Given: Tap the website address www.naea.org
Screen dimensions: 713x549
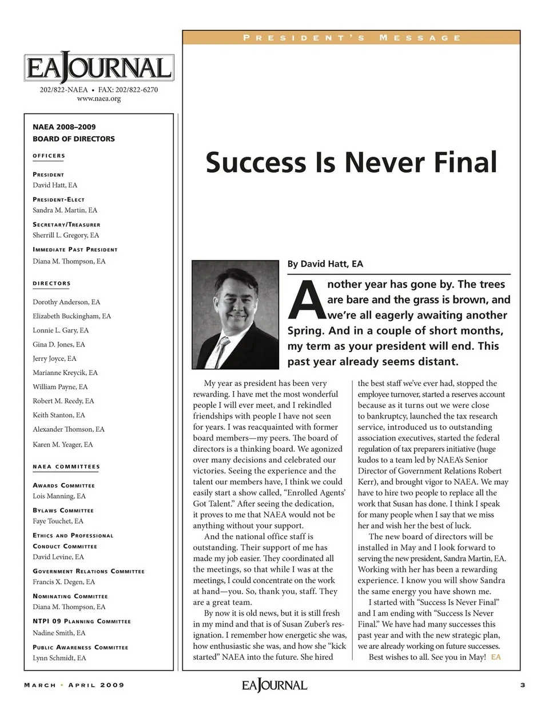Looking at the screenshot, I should (98, 98).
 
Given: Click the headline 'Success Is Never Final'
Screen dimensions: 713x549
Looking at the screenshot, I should (351, 162).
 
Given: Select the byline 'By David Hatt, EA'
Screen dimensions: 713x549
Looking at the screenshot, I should (325, 264).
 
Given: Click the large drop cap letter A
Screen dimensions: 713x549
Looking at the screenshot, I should (305, 300).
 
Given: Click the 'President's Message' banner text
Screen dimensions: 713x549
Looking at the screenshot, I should (351, 38).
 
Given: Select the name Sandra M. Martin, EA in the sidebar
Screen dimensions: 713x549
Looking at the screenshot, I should (65, 210).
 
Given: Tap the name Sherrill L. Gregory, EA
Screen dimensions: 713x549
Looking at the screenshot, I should (66, 235).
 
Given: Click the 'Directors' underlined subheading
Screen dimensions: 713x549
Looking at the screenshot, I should (51, 284).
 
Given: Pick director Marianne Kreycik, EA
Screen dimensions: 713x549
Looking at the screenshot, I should (65, 372).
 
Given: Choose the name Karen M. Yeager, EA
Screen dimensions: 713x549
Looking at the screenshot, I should (62, 444).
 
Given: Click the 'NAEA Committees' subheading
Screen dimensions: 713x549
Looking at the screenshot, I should (66, 467).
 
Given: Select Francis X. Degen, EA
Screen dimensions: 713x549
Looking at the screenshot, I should (63, 581).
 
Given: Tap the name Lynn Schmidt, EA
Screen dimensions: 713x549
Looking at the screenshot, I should (59, 658).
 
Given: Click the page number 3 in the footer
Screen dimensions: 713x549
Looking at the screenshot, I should (523, 685).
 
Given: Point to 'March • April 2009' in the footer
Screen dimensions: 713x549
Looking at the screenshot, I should (74, 685).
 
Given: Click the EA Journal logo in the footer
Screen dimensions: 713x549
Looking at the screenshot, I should (274, 685).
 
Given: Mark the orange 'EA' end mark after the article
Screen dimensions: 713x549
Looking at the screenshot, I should (495, 657).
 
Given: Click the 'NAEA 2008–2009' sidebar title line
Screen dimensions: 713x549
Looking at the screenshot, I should (64, 127).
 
